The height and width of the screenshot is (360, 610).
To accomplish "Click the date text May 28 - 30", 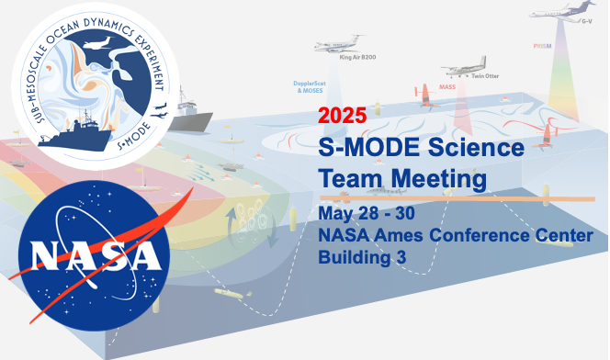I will (x=363, y=214).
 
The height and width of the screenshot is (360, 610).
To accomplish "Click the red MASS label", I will (x=447, y=86).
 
